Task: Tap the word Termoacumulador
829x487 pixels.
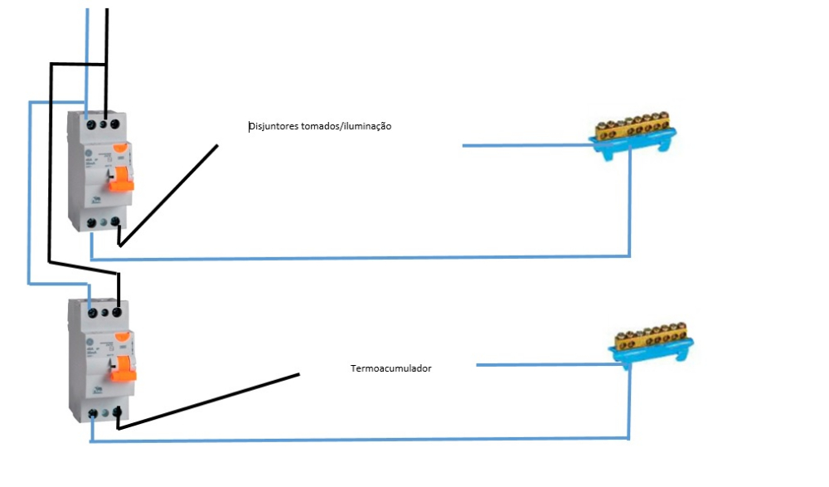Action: pyautogui.click(x=390, y=368)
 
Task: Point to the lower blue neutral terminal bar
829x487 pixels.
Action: pyautogui.click(x=654, y=348)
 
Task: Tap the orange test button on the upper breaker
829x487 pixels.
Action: pyautogui.click(x=121, y=149)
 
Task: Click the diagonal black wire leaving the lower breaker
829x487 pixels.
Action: pyautogui.click(x=207, y=401)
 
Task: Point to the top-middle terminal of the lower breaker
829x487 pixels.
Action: pyautogui.click(x=105, y=312)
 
